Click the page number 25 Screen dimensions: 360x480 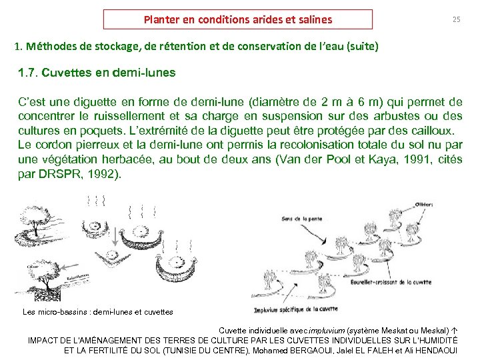click(456, 20)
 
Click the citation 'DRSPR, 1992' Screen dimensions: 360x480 click(88, 175)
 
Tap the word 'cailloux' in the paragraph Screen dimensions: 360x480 click(432, 131)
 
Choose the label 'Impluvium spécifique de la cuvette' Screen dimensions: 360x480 click(296, 309)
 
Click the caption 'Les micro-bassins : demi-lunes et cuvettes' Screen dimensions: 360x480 click(97, 312)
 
